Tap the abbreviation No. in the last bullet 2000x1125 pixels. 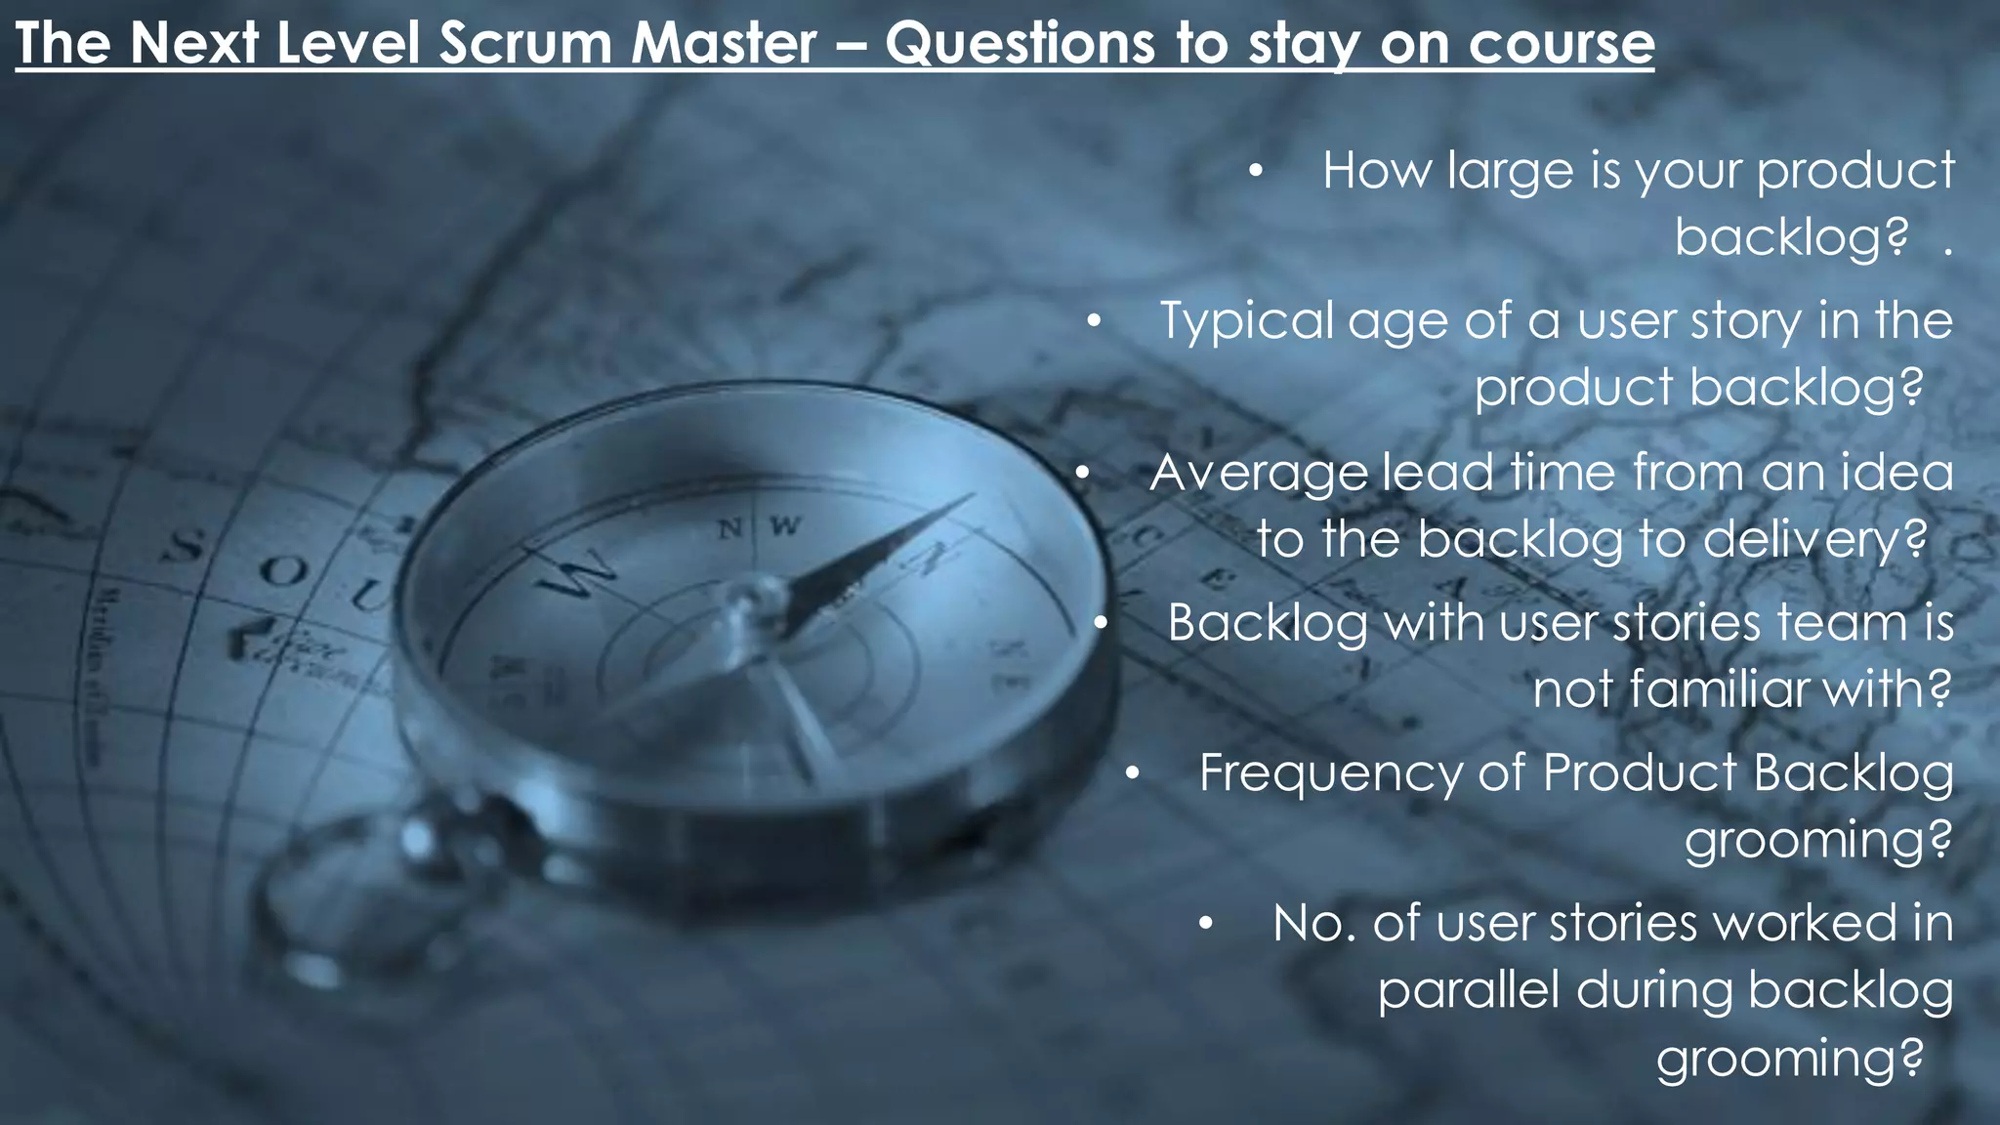coord(1314,924)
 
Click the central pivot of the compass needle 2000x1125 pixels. coord(753,598)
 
